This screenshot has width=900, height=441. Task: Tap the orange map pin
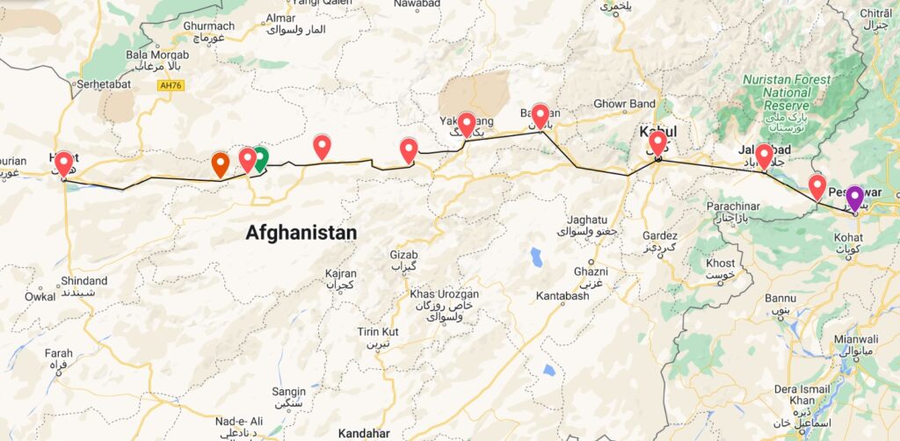(221, 163)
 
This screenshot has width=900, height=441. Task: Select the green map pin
(260, 158)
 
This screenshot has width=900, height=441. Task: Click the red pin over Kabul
(657, 141)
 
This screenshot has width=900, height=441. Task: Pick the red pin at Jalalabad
(765, 155)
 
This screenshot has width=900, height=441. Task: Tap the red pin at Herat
(63, 163)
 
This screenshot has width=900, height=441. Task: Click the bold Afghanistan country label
(301, 233)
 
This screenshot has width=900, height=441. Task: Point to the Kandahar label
(366, 433)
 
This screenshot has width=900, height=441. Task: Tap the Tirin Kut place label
(378, 330)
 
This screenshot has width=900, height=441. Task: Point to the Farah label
(58, 353)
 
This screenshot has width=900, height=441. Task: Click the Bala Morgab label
(157, 54)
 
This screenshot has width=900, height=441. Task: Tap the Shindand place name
(84, 281)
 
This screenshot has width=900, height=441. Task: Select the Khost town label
(720, 263)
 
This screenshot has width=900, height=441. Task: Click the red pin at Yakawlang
(467, 123)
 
